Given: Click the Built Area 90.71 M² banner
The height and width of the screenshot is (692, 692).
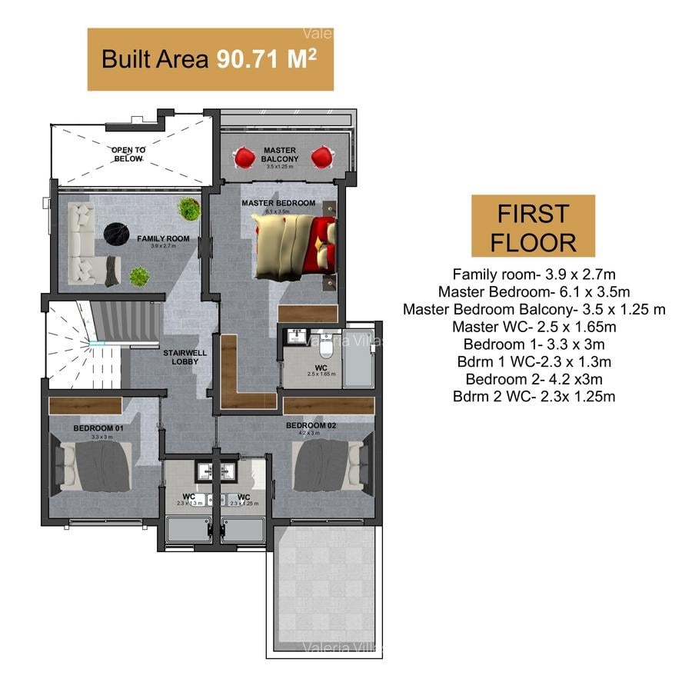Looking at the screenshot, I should (210, 59).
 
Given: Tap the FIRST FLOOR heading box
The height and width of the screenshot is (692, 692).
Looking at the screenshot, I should (533, 226).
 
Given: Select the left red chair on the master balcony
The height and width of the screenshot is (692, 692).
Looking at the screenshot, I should (245, 158).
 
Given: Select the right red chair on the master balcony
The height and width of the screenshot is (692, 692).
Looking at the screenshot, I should (321, 158).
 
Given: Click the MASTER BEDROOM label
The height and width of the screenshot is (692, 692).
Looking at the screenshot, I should (278, 203).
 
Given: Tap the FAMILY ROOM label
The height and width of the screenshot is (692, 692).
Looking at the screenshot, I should (162, 238).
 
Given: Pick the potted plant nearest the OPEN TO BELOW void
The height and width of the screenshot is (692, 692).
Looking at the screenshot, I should (188, 208).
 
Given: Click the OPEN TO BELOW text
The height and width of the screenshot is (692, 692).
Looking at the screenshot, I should (128, 154).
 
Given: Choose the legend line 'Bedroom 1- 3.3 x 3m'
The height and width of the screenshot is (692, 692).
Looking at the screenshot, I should (534, 344).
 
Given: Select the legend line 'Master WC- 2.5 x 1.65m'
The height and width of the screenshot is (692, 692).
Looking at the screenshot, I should (534, 327).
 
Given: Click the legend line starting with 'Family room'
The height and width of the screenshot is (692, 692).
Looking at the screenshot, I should (534, 274).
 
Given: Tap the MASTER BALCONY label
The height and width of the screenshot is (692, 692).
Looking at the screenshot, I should (280, 154).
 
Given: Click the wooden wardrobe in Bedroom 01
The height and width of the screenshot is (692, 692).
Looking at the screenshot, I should (85, 406).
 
